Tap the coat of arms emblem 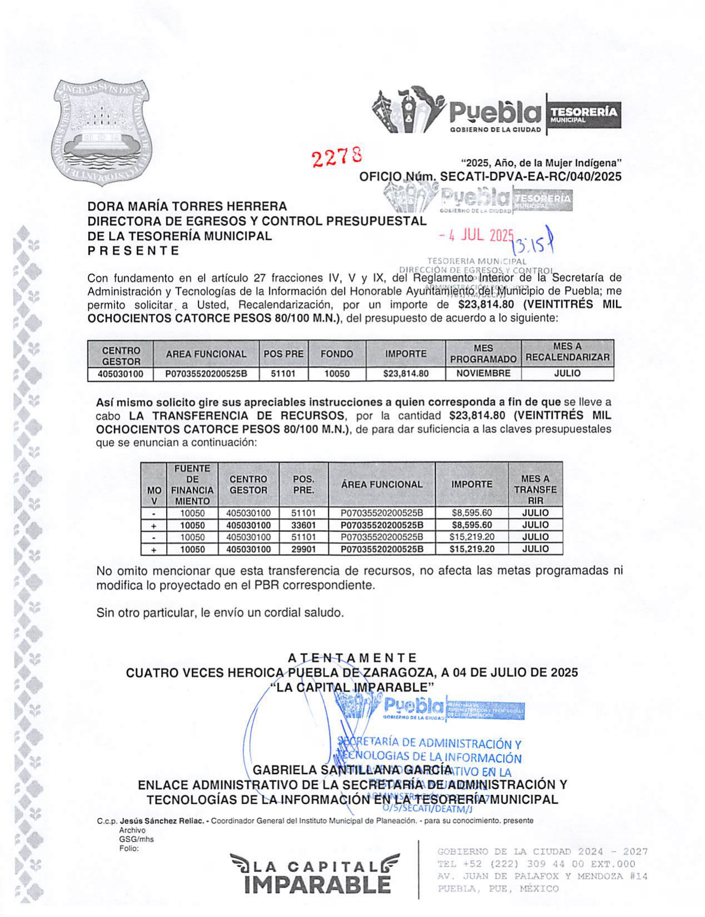click(101, 132)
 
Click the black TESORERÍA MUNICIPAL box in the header click(583, 114)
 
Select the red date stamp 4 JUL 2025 click(476, 235)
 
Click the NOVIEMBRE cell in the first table click(483, 374)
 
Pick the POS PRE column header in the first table click(283, 354)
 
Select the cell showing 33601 click(303, 525)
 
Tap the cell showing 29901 click(303, 549)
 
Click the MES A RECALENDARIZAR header click(567, 352)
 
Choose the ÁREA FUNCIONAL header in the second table click(382, 485)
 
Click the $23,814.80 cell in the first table click(406, 374)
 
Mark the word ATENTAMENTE click(352, 658)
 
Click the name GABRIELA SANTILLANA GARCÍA click(352, 770)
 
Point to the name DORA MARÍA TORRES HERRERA click(187, 206)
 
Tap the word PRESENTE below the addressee click(133, 251)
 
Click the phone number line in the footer click(536, 864)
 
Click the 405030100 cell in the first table click(120, 374)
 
